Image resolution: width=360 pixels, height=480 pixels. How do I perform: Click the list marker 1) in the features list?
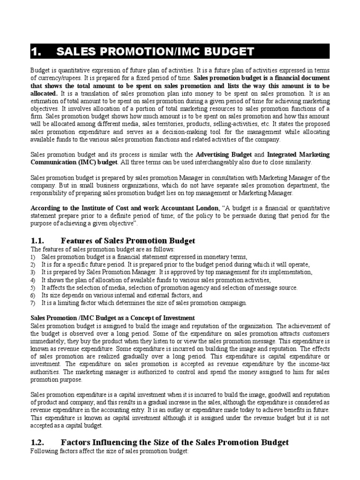33,257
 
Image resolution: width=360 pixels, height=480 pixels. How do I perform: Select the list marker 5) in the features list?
33,287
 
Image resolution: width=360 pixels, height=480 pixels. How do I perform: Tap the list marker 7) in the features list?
33,303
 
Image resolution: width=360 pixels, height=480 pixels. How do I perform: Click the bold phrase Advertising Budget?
224,154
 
